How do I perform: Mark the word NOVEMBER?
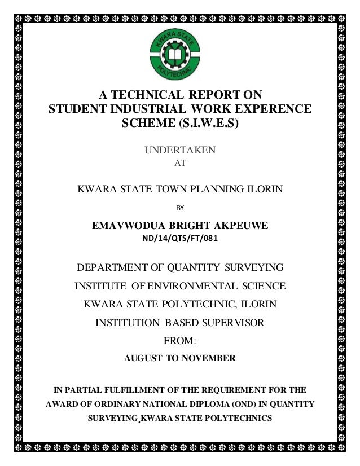(x=205, y=358)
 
